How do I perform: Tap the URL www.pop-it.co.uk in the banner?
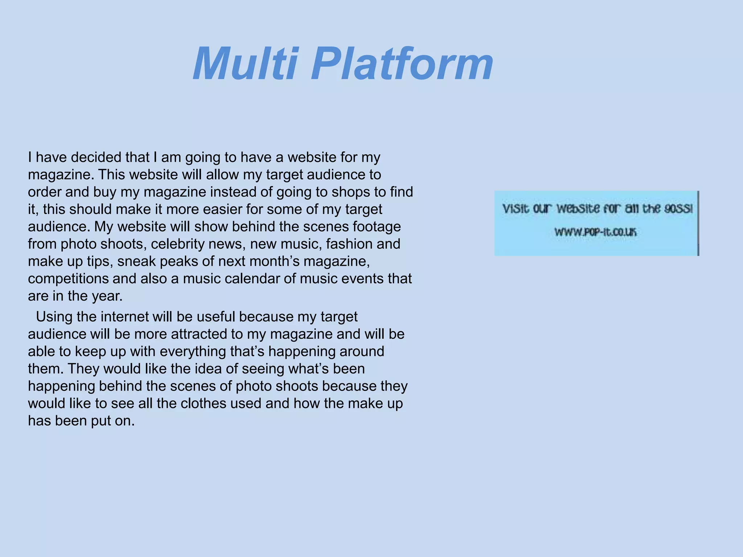(595, 232)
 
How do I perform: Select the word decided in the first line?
(96, 157)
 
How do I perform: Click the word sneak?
(136, 261)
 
